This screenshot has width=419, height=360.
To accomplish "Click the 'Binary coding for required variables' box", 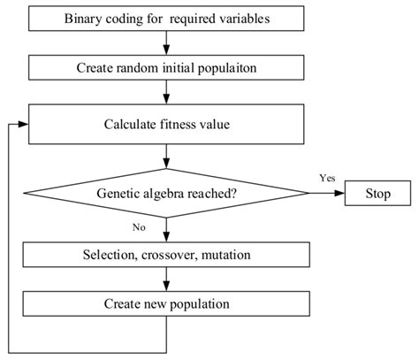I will click(x=166, y=19).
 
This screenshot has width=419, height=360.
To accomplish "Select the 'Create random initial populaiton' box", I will click(x=166, y=66).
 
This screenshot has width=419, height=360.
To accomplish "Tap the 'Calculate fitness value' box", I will click(x=166, y=124).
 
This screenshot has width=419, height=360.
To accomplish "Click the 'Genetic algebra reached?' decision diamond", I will click(x=166, y=192).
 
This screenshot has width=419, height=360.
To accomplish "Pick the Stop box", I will click(x=377, y=192).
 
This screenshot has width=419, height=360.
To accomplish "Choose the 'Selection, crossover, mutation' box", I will click(x=166, y=256).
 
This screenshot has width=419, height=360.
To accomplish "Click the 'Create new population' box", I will click(x=166, y=303).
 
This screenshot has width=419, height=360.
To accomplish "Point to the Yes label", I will click(x=328, y=178).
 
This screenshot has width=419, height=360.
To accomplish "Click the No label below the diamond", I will click(x=138, y=226).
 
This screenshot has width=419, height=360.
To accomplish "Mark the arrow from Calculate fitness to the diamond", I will click(x=166, y=156).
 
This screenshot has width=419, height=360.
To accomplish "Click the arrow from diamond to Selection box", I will click(x=166, y=230).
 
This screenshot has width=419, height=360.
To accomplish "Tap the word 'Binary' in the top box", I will click(x=84, y=19).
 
